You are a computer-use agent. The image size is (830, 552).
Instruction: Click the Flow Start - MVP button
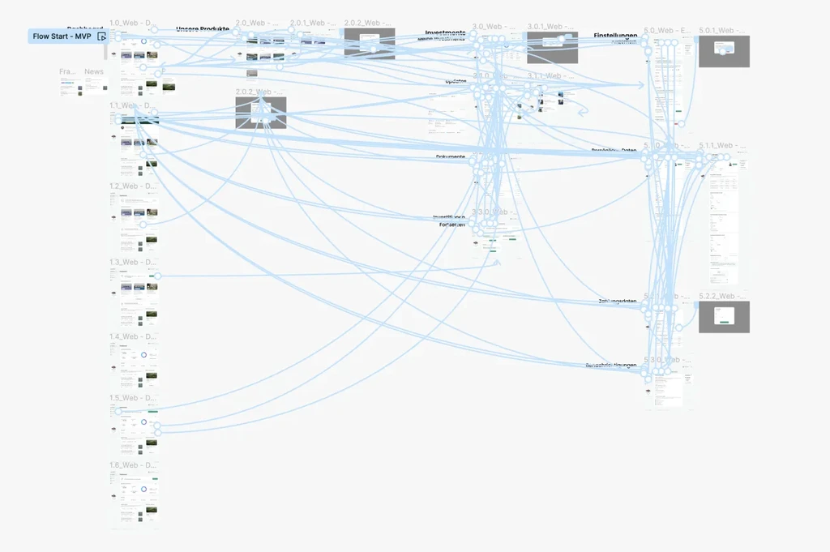[x=62, y=36]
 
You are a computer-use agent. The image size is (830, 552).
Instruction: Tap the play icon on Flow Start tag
[x=102, y=36]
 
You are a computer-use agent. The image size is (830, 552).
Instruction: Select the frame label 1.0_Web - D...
[x=134, y=24]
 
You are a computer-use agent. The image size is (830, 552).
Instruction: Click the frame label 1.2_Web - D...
[x=134, y=186]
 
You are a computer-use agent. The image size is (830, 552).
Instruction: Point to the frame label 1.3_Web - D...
[x=134, y=263]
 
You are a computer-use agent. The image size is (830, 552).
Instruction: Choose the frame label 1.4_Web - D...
[x=134, y=336]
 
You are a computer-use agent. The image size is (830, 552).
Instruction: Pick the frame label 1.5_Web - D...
[x=134, y=398]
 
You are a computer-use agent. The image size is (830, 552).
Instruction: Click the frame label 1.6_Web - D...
[x=134, y=465]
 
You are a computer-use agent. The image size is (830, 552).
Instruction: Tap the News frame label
[x=94, y=72]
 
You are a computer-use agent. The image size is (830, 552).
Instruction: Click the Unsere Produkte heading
[x=203, y=29]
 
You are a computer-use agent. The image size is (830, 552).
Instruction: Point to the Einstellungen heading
[x=615, y=36]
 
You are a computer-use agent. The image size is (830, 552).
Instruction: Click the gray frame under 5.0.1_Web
[x=724, y=51]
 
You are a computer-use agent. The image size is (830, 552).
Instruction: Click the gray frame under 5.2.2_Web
[x=724, y=317]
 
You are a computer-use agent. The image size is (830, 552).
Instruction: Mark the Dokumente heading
[x=451, y=157]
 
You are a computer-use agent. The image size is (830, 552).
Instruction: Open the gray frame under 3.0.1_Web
[x=552, y=48]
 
